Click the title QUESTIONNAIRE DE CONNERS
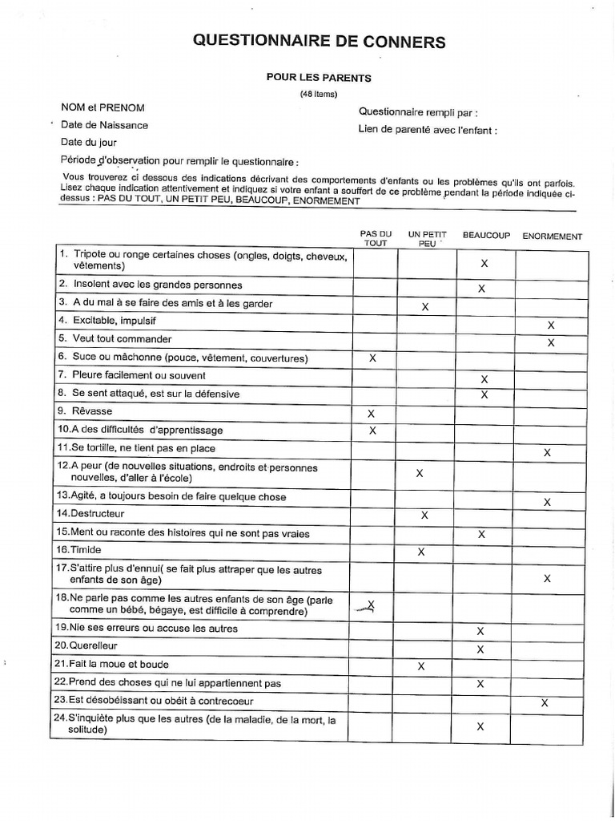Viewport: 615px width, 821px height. [x=319, y=42]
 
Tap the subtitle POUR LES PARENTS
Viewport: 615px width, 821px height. [x=319, y=78]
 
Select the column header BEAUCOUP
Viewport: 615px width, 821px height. [x=486, y=237]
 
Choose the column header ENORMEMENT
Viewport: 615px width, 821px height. [x=552, y=237]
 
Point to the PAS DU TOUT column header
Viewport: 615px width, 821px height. [x=376, y=238]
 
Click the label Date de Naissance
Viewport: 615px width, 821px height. [x=104, y=125]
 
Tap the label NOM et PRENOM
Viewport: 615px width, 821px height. [x=102, y=107]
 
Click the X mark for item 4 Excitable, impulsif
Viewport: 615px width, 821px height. [x=550, y=326]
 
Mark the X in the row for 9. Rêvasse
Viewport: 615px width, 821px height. [x=371, y=414]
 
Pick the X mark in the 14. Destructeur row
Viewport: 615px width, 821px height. [x=424, y=515]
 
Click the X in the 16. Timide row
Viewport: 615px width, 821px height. [x=421, y=552]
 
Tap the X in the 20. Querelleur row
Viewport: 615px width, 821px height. [x=480, y=649]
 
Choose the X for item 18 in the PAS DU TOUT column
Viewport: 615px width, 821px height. [x=370, y=606]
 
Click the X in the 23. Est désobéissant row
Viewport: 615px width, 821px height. [x=545, y=702]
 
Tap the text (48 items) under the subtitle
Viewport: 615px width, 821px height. [x=319, y=94]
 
